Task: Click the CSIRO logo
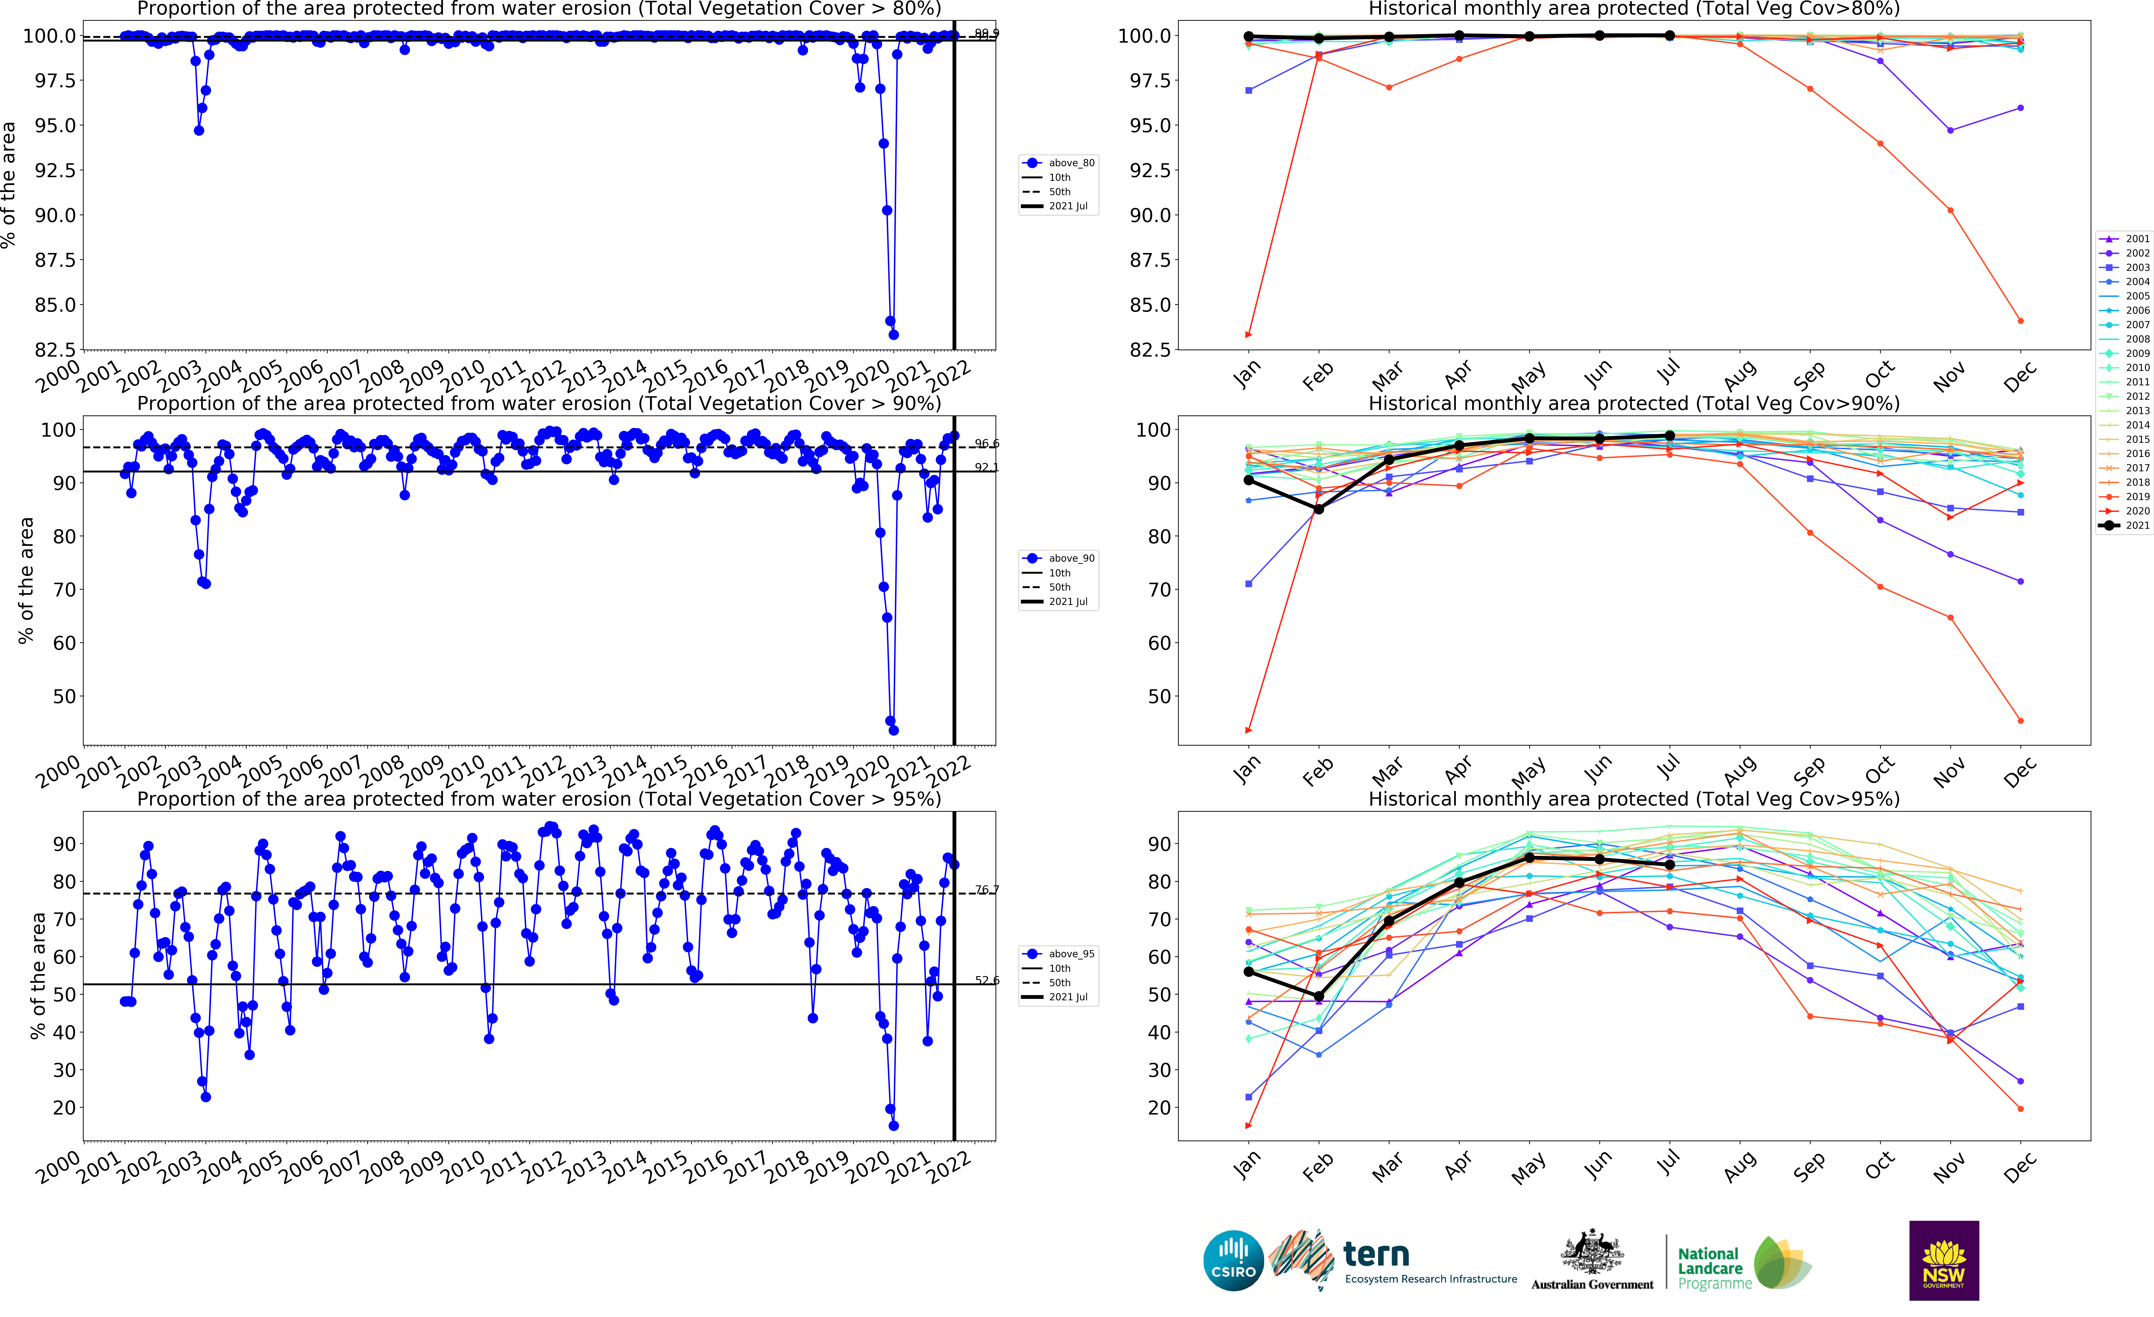point(1233,1260)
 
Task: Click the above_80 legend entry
point(1060,163)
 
